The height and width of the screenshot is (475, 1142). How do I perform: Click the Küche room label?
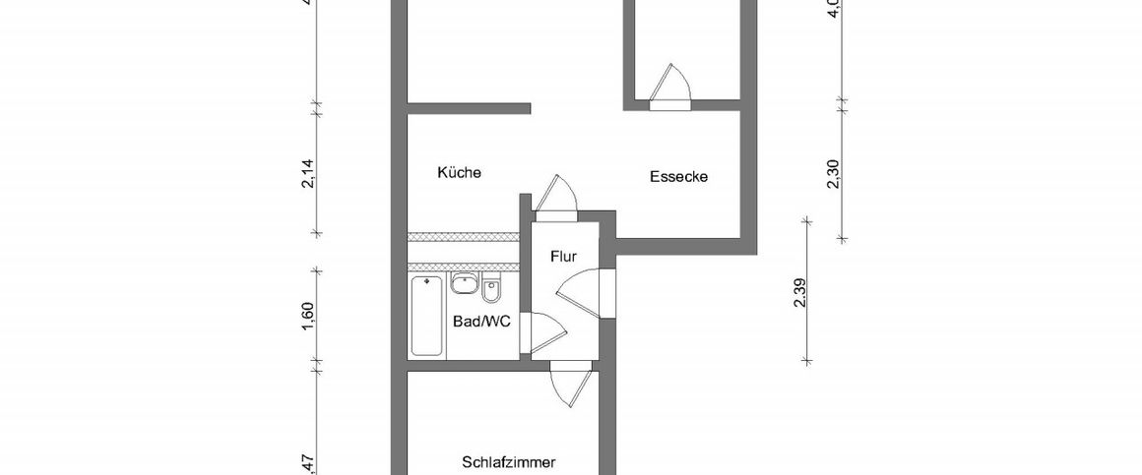[459, 173]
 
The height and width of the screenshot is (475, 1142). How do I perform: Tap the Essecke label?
[679, 177]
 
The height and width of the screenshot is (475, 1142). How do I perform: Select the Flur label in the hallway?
[562, 258]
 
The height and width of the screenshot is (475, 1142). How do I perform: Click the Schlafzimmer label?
[509, 461]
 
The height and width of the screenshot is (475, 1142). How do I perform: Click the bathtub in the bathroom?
[426, 315]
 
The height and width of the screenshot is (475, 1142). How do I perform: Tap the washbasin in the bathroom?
[463, 285]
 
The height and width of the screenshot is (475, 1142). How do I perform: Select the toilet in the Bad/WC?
[493, 290]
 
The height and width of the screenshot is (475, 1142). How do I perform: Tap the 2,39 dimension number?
[799, 293]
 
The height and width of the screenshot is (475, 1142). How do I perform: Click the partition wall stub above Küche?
[469, 105]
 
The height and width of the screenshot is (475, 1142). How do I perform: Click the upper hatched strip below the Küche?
[463, 237]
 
